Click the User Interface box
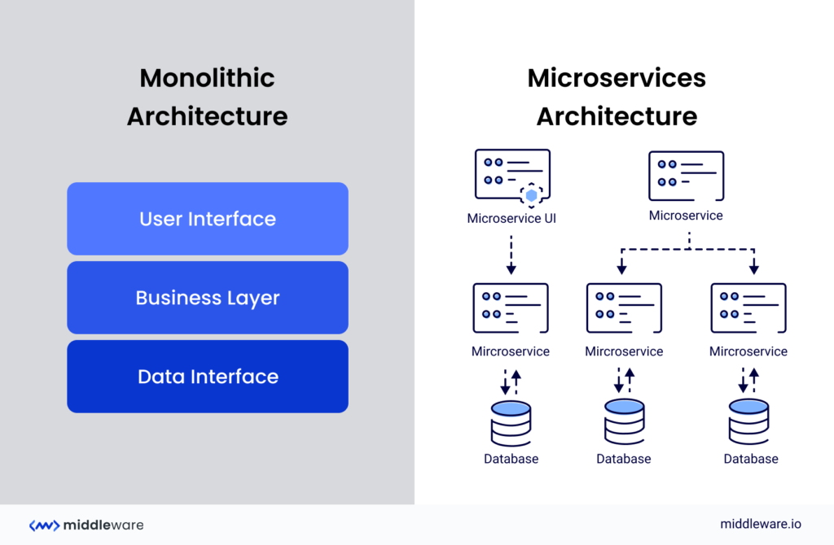pyautogui.click(x=208, y=219)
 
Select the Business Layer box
pyautogui.click(x=208, y=298)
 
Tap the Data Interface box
pyautogui.click(x=208, y=377)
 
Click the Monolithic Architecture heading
pyautogui.click(x=207, y=97)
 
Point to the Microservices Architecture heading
pyautogui.click(x=617, y=97)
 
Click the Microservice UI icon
pyautogui.click(x=511, y=175)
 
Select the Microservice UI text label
pyautogui.click(x=511, y=218)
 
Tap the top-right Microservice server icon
pyautogui.click(x=686, y=176)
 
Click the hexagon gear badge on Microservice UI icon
pyautogui.click(x=532, y=195)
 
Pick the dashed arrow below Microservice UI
pyautogui.click(x=511, y=255)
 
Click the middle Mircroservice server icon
pyautogui.click(x=624, y=308)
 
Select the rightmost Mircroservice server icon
pyautogui.click(x=748, y=308)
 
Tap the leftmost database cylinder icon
pyautogui.click(x=511, y=422)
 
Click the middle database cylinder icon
pyautogui.click(x=624, y=422)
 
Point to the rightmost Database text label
pyautogui.click(x=751, y=459)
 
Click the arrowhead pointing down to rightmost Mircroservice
pyautogui.click(x=753, y=268)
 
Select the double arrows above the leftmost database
pyautogui.click(x=511, y=380)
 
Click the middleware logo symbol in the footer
pyautogui.click(x=44, y=525)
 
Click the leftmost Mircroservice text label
pyautogui.click(x=511, y=351)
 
